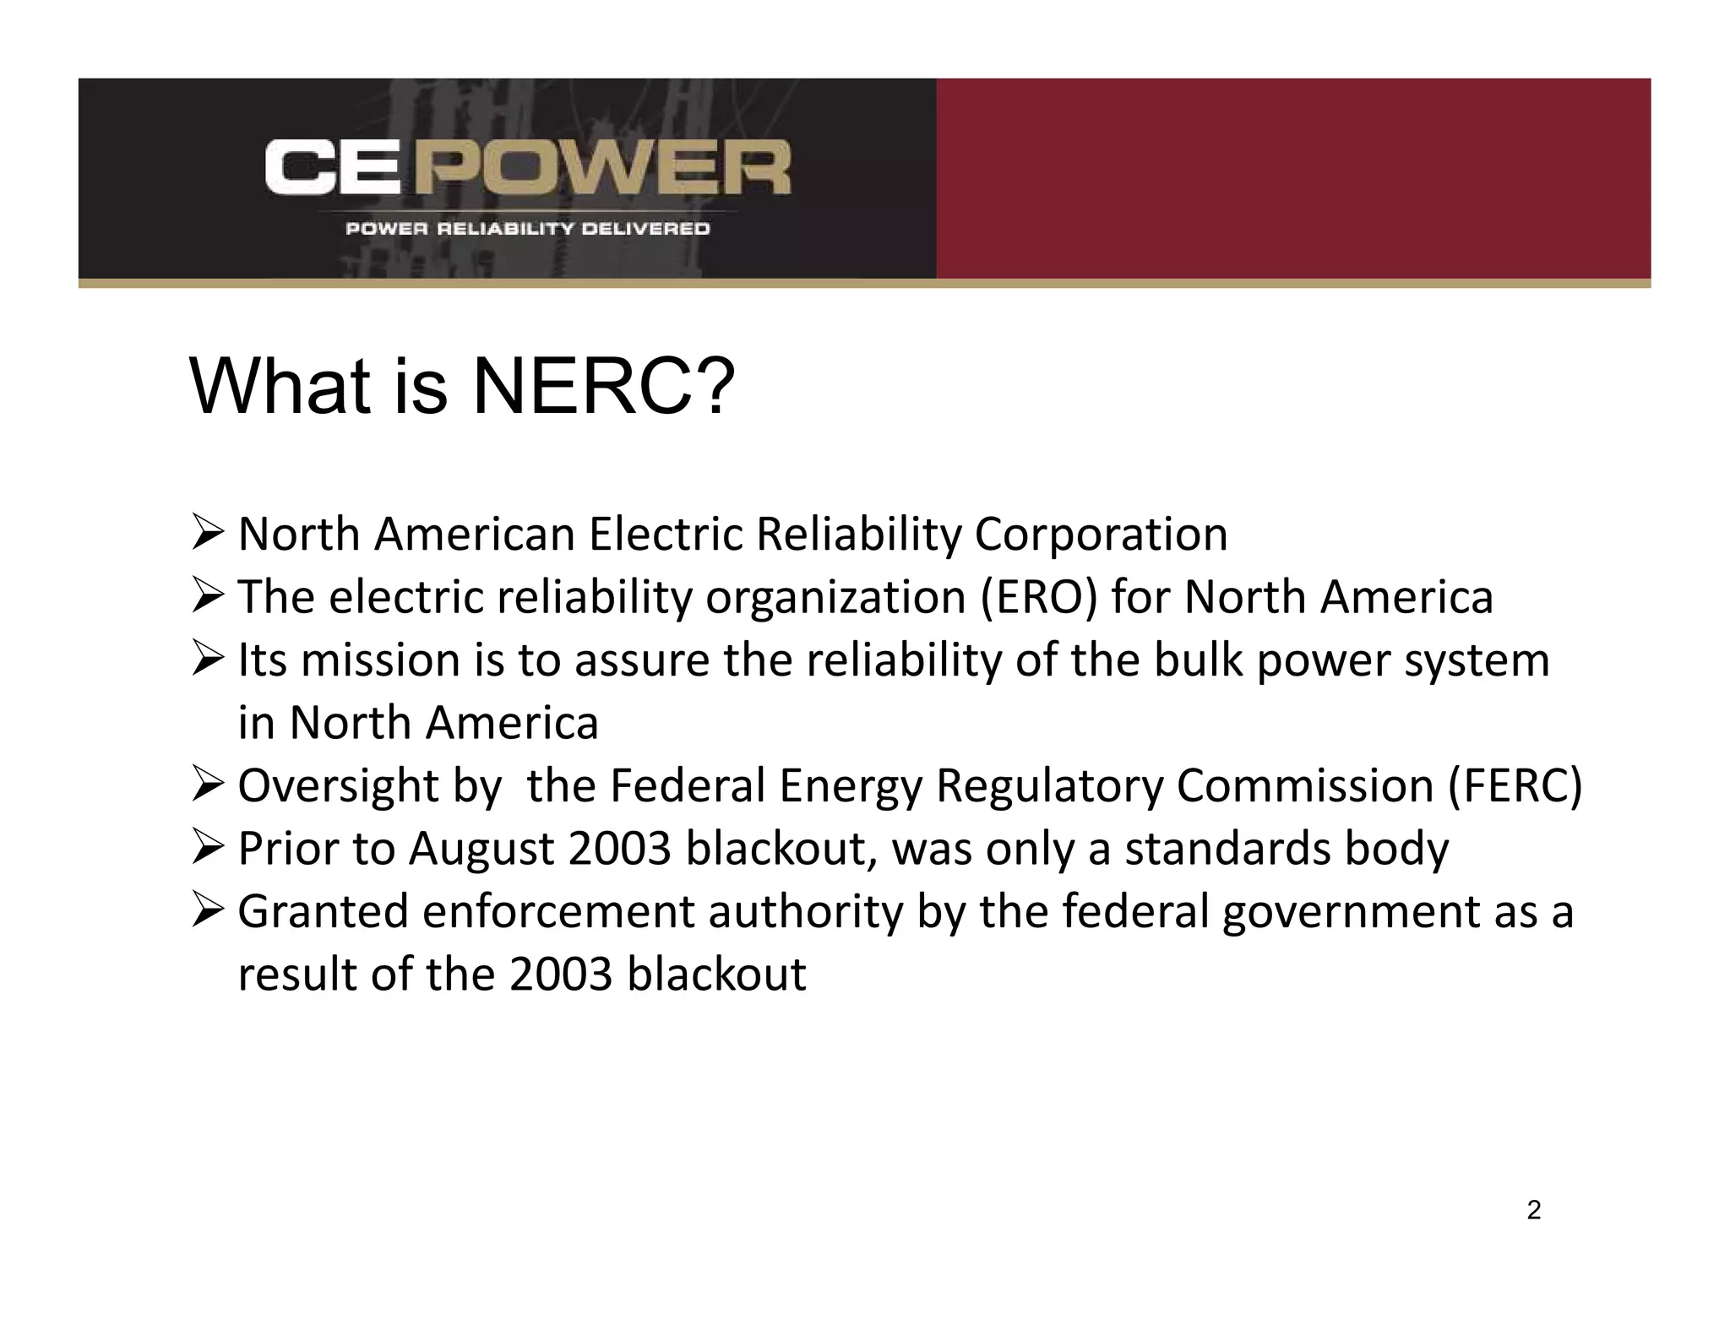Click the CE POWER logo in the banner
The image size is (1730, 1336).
527,167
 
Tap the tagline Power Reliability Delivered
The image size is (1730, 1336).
527,229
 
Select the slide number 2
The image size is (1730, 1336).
1534,1210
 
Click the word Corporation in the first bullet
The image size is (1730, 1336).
1101,535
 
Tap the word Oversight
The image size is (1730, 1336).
338,785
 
